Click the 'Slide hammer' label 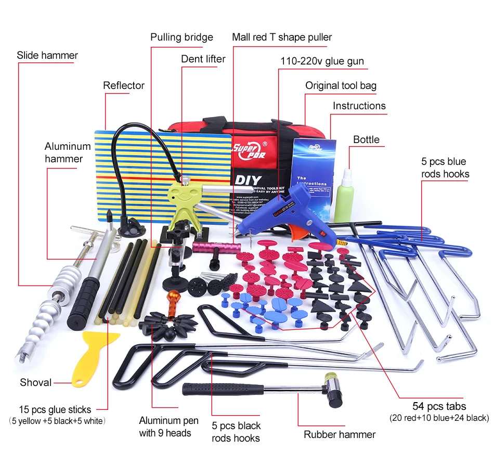[x=47, y=55]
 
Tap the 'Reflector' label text [x=124, y=85]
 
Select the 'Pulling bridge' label [x=181, y=37]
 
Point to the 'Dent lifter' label [x=203, y=59]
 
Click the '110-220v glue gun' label [x=322, y=61]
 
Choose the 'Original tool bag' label [x=341, y=85]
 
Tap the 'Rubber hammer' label [x=340, y=434]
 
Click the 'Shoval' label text [x=36, y=382]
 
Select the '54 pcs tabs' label [x=439, y=406]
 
